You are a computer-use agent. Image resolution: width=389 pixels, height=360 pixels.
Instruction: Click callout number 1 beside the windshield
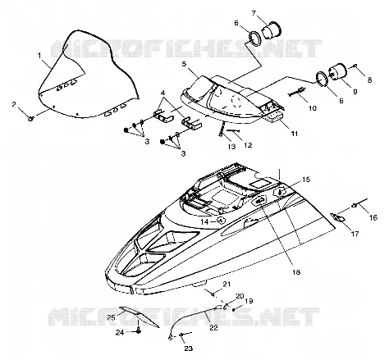[39, 56]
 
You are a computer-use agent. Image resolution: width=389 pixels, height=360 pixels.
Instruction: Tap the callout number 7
[254, 12]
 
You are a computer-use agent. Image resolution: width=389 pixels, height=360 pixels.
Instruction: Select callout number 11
[294, 134]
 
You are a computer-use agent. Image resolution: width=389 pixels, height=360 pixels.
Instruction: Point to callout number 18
[296, 272]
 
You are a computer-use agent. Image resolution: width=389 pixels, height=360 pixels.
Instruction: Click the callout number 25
[111, 317]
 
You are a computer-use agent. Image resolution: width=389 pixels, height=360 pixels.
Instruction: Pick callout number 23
[189, 349]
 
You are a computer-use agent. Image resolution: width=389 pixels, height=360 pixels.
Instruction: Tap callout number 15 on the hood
[306, 180]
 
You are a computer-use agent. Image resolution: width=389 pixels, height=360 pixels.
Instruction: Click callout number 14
[205, 221]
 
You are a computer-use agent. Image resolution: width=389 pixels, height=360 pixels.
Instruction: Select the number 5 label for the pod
[184, 64]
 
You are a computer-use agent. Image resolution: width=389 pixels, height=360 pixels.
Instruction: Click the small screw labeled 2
[31, 119]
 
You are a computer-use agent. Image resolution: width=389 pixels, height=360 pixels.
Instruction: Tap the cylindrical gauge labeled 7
[272, 30]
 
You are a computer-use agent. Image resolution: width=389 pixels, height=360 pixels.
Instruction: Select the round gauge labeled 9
[337, 71]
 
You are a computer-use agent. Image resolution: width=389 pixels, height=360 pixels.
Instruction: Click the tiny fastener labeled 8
[355, 66]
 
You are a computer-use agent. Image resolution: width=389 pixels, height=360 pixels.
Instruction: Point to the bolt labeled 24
[139, 330]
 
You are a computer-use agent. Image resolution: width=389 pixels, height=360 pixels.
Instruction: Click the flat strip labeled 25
[139, 317]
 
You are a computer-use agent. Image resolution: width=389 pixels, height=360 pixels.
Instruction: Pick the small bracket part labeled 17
[338, 217]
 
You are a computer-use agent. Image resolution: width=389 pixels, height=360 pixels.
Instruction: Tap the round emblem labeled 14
[221, 220]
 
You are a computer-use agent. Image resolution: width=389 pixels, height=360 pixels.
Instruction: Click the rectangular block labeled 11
[275, 118]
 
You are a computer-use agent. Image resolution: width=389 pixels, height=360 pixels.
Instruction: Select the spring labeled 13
[222, 130]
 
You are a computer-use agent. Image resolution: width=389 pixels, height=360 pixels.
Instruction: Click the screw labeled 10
[296, 92]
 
